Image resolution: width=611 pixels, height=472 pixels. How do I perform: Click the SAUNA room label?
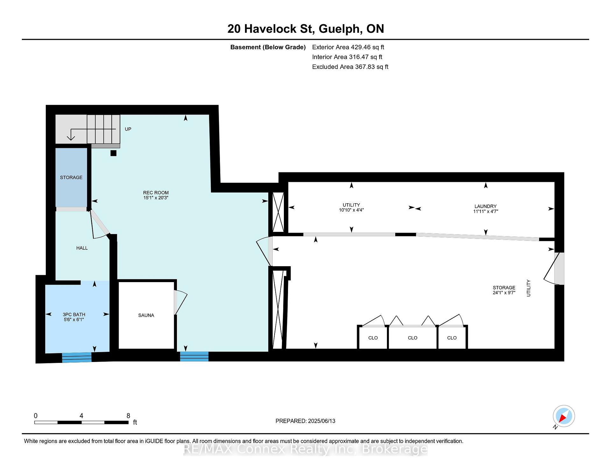(146, 315)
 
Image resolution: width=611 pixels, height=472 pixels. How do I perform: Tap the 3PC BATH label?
(74, 315)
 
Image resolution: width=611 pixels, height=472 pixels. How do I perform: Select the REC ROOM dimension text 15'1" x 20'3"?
(156, 198)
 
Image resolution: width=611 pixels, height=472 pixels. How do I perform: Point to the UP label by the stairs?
(128, 129)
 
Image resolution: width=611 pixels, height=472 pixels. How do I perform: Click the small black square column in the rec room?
(113, 153)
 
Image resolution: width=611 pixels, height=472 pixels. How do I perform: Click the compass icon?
(564, 416)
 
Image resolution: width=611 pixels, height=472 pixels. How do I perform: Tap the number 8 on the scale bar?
(128, 416)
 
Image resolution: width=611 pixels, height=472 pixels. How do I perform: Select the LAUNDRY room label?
(485, 206)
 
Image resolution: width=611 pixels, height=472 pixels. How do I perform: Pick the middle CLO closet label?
(412, 338)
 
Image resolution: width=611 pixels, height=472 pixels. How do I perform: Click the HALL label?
(82, 248)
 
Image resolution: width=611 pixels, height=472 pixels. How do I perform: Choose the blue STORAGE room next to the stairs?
(71, 177)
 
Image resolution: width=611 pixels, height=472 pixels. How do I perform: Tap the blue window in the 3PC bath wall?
(77, 357)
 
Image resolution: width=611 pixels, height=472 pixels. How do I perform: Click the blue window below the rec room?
(194, 357)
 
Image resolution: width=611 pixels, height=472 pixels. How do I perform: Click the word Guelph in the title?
(341, 29)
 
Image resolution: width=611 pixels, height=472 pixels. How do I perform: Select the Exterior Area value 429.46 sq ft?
(368, 47)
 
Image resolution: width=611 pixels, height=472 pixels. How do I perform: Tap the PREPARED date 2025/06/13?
(322, 421)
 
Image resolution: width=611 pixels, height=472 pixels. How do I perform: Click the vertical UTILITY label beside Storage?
(529, 288)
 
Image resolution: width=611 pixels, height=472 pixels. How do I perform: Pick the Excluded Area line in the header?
(350, 67)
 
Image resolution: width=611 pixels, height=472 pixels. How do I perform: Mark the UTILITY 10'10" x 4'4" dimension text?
(351, 210)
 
